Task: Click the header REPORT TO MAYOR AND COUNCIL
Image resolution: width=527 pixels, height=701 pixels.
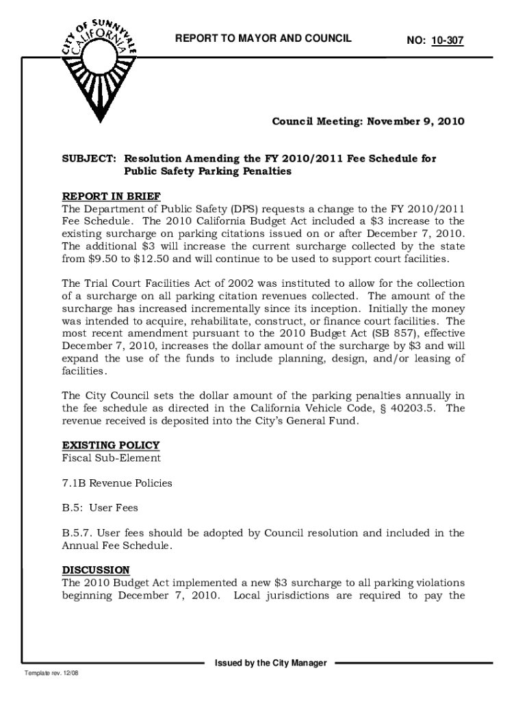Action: [263, 38]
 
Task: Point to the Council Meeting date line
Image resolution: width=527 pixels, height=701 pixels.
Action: [368, 122]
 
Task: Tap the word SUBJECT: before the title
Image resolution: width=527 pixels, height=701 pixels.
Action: [88, 159]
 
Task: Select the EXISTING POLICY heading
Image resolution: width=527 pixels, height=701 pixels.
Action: [111, 445]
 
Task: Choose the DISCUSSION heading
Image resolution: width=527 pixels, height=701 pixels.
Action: [96, 570]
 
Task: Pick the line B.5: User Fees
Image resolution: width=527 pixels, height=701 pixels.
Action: [100, 508]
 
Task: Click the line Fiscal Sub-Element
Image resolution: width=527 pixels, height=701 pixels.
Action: [112, 458]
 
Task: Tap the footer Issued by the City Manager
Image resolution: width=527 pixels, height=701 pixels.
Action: [271, 663]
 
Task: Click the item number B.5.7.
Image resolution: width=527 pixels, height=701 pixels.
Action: [79, 533]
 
